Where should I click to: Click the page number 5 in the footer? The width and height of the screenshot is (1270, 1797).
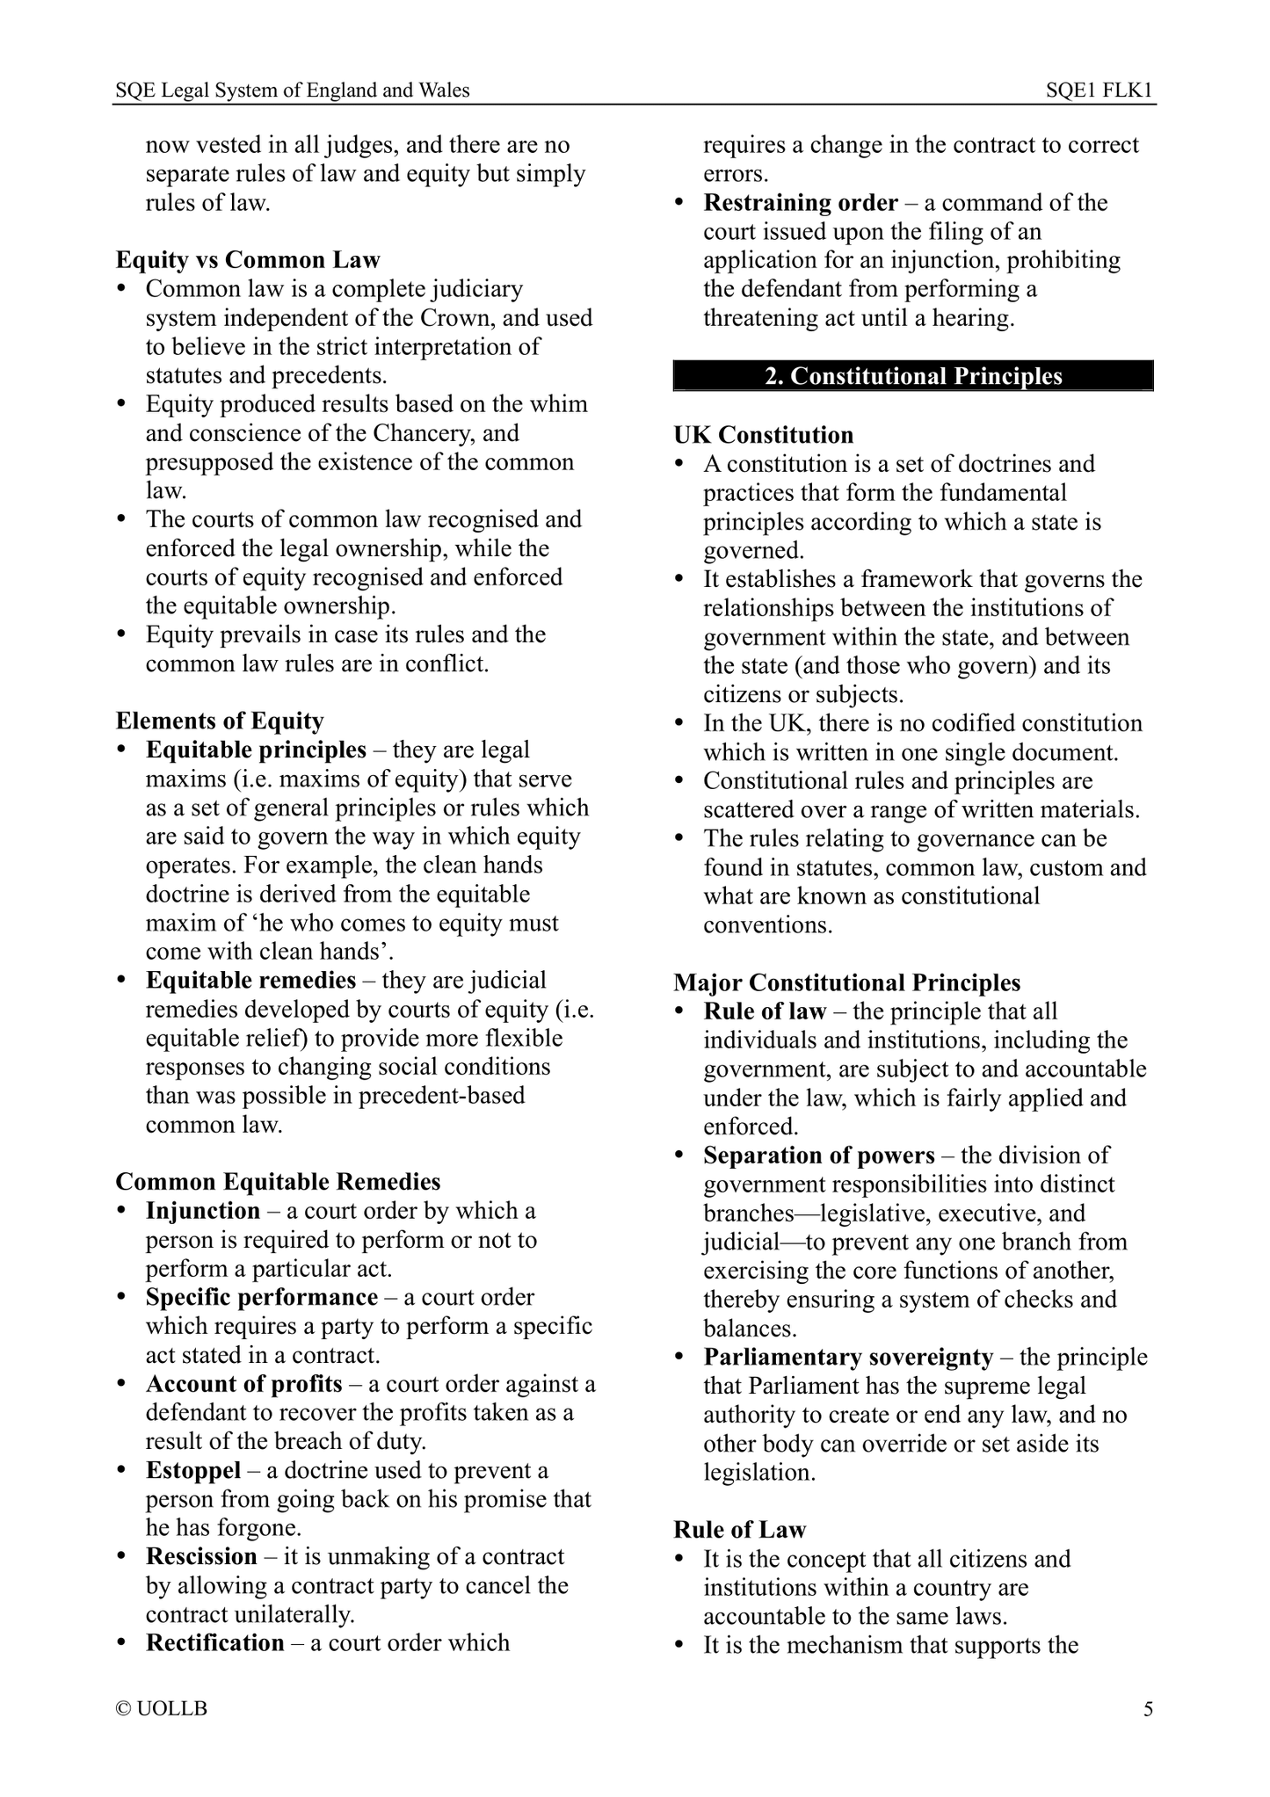coord(1147,1709)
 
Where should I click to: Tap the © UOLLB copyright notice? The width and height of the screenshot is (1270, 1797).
coord(162,1709)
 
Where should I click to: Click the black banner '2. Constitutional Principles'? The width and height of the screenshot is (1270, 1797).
coord(913,376)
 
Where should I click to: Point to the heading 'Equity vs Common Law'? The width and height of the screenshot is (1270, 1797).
coord(248,260)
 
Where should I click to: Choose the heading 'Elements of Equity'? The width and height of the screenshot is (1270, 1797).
coord(220,721)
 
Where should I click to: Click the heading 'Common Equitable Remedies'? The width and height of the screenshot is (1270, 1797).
coord(278,1182)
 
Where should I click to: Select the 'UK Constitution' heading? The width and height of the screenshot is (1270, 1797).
coord(763,435)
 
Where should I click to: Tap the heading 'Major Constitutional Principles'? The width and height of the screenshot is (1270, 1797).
coord(846,982)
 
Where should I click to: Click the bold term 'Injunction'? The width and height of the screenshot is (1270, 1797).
coord(203,1211)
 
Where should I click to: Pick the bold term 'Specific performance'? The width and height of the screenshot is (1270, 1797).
coord(261,1297)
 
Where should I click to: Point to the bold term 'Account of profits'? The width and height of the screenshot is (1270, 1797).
coord(243,1384)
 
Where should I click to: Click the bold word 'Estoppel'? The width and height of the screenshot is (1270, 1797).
coord(193,1470)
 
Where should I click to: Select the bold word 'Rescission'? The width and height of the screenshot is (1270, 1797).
coord(201,1556)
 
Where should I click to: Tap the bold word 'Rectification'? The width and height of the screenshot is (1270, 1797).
coord(214,1642)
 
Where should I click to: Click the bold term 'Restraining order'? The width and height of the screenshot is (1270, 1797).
coord(801,203)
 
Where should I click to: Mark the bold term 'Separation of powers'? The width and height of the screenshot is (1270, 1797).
coord(818,1155)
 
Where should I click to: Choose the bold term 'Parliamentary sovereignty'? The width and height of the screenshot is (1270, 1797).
coord(847,1357)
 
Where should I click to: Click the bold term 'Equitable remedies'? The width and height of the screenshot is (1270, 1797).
coord(250,980)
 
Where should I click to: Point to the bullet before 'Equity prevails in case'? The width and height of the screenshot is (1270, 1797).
coord(124,635)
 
